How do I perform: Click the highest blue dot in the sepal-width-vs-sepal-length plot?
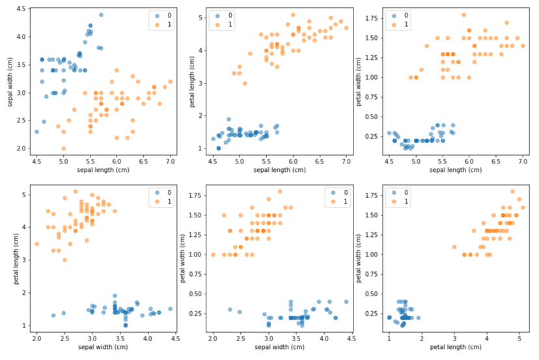coord(101,14)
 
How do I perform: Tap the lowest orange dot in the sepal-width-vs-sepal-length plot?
coord(63,148)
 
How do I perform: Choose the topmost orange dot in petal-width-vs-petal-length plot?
coord(512,191)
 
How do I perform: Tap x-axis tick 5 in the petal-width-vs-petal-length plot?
coord(519,339)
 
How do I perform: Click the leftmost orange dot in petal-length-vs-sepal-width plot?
coord(36,243)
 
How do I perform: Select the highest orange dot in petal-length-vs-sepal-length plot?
coord(293,14)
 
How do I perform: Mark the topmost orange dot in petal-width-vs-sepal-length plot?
coord(463,14)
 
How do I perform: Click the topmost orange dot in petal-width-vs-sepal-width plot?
coord(280,191)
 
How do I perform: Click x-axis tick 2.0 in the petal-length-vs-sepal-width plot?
coord(36,339)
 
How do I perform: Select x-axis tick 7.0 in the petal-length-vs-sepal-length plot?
coord(346,161)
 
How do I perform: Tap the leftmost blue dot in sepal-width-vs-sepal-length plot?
coord(36,132)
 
